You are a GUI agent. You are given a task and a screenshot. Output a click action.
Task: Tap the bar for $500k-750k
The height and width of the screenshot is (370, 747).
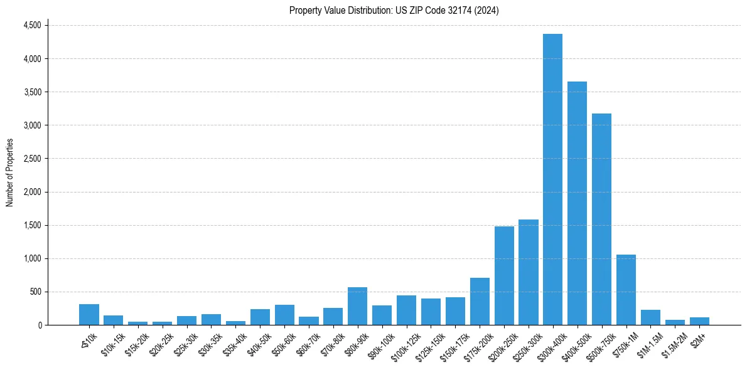click(x=601, y=219)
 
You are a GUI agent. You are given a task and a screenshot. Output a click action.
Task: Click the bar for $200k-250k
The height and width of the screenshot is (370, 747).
click(x=504, y=276)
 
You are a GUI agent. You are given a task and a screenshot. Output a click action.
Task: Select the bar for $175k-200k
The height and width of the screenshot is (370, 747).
click(x=480, y=302)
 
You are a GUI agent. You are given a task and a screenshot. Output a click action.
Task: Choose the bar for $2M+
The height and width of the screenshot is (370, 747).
click(x=699, y=321)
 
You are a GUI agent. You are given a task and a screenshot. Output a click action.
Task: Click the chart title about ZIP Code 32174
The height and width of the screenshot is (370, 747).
click(x=394, y=11)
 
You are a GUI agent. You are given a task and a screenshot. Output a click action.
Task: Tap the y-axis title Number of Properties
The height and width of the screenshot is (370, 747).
click(x=10, y=172)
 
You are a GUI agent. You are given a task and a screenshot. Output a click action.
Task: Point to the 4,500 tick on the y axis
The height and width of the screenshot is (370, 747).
click(x=32, y=26)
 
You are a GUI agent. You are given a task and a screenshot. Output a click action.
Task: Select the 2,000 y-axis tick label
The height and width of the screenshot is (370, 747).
click(x=32, y=192)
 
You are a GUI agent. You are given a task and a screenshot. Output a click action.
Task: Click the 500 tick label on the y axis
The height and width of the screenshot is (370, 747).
click(x=35, y=292)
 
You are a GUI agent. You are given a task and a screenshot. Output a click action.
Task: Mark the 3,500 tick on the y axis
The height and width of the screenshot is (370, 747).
click(x=32, y=92)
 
